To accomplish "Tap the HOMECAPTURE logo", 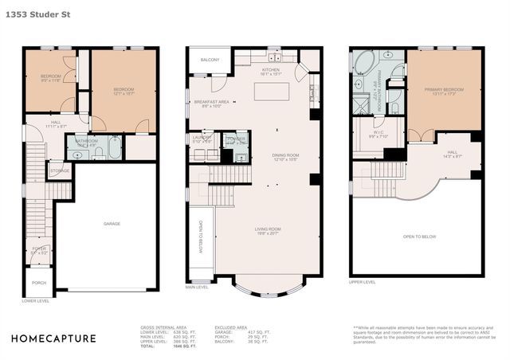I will pos(53,338).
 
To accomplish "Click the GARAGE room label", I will pos(112,224).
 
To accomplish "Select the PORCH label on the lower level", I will pos(39,282).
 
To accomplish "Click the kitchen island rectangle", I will pos(270,91).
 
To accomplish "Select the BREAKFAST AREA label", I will pos(211,103).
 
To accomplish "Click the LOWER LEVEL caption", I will pos(35,301).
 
